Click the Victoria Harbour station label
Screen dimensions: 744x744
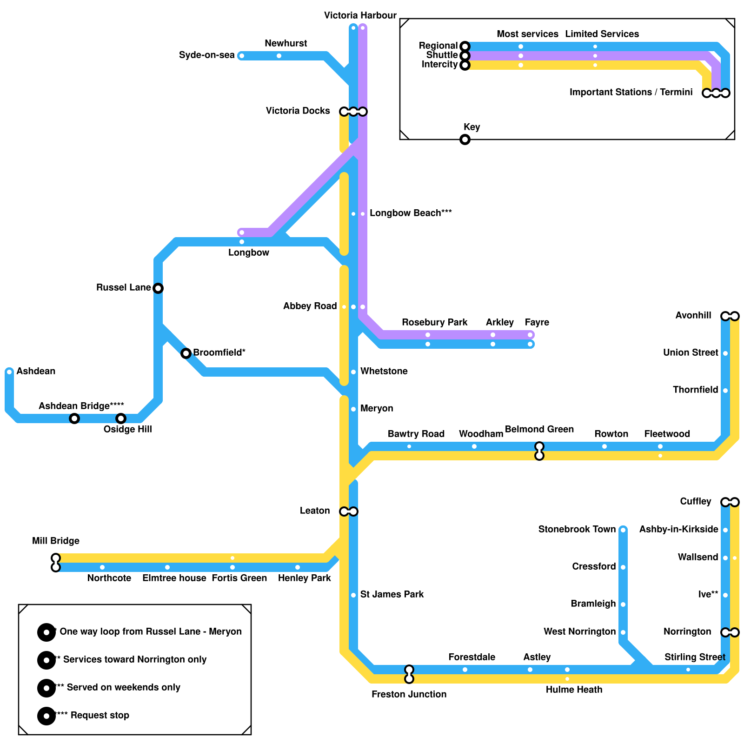tap(360, 16)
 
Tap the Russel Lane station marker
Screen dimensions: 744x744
tap(158, 288)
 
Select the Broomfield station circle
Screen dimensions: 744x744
tap(186, 353)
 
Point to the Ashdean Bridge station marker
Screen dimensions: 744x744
tap(74, 418)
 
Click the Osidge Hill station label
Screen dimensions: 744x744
tap(127, 429)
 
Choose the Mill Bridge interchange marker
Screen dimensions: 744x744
tap(56, 563)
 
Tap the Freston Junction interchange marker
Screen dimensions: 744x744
tap(409, 674)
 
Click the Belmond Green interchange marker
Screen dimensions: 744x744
tap(539, 451)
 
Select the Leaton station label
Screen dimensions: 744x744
tap(315, 511)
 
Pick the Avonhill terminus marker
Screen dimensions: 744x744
tap(730, 316)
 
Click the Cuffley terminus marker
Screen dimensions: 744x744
tap(730, 502)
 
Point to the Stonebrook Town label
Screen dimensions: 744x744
tap(577, 530)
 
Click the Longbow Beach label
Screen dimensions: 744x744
tap(411, 213)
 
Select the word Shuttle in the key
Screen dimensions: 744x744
tap(442, 55)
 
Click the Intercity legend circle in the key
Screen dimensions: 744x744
tap(465, 65)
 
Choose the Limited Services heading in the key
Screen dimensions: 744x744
tap(602, 34)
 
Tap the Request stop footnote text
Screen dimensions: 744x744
tap(100, 715)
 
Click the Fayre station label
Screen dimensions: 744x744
tap(537, 323)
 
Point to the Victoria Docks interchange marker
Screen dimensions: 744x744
tap(353, 112)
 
